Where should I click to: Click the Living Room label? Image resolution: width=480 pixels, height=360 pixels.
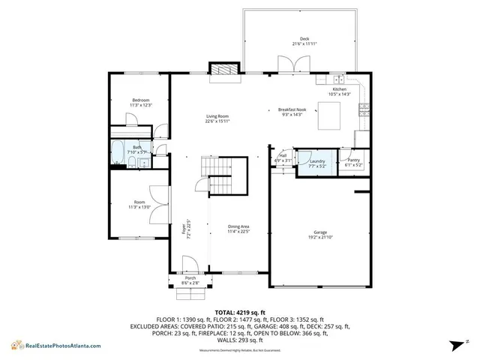(x=217, y=115)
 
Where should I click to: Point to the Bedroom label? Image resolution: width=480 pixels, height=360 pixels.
(x=141, y=100)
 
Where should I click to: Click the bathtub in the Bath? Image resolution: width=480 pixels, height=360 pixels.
(x=118, y=152)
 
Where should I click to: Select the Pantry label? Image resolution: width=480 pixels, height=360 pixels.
(x=352, y=160)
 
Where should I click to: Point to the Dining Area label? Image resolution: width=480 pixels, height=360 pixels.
(x=238, y=226)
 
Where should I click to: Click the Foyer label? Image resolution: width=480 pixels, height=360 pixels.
(x=182, y=230)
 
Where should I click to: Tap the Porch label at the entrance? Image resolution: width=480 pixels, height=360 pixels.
(x=190, y=278)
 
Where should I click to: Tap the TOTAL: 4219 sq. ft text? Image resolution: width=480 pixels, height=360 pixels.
(x=240, y=311)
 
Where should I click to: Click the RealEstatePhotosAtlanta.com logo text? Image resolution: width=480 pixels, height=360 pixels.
(x=58, y=345)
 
